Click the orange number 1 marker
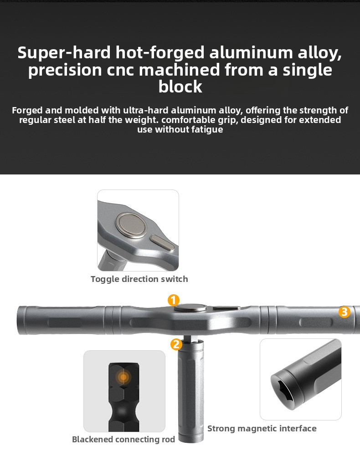click(x=173, y=300)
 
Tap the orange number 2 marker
click(x=176, y=344)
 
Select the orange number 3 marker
click(x=345, y=312)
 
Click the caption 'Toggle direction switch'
click(x=139, y=279)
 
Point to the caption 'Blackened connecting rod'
click(x=123, y=440)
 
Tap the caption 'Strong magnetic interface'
click(x=262, y=428)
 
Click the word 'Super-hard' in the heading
click(x=64, y=52)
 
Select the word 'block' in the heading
click(x=180, y=87)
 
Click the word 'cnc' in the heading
click(x=120, y=70)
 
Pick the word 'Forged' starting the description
click(x=27, y=111)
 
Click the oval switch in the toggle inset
click(x=162, y=242)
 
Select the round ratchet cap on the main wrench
click(x=190, y=307)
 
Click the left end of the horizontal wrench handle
click(x=18, y=320)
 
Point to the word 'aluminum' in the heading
click(x=251, y=52)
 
